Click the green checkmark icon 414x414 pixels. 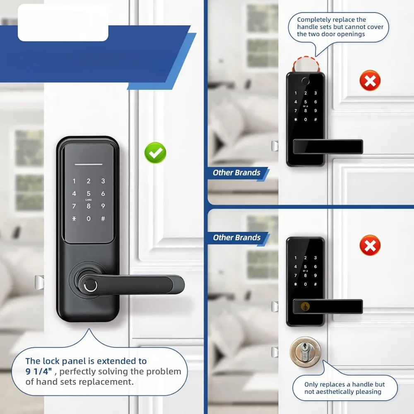pyautogui.click(x=155, y=153)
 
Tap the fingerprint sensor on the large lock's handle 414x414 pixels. pyautogui.click(x=89, y=285)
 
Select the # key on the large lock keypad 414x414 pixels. pyautogui.click(x=103, y=219)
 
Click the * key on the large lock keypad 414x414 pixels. pyautogui.click(x=74, y=219)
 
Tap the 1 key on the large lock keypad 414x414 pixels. pyautogui.click(x=74, y=181)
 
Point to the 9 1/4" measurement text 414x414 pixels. pyautogui.click(x=38, y=371)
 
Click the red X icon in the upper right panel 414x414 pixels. pyautogui.click(x=370, y=80)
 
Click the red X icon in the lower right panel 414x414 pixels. pyautogui.click(x=370, y=246)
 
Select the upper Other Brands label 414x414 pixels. pyautogui.click(x=236, y=173)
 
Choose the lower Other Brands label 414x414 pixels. pyautogui.click(x=236, y=238)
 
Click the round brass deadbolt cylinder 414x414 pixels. pyautogui.click(x=305, y=352)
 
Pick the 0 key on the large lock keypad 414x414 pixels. pyautogui.click(x=89, y=219)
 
